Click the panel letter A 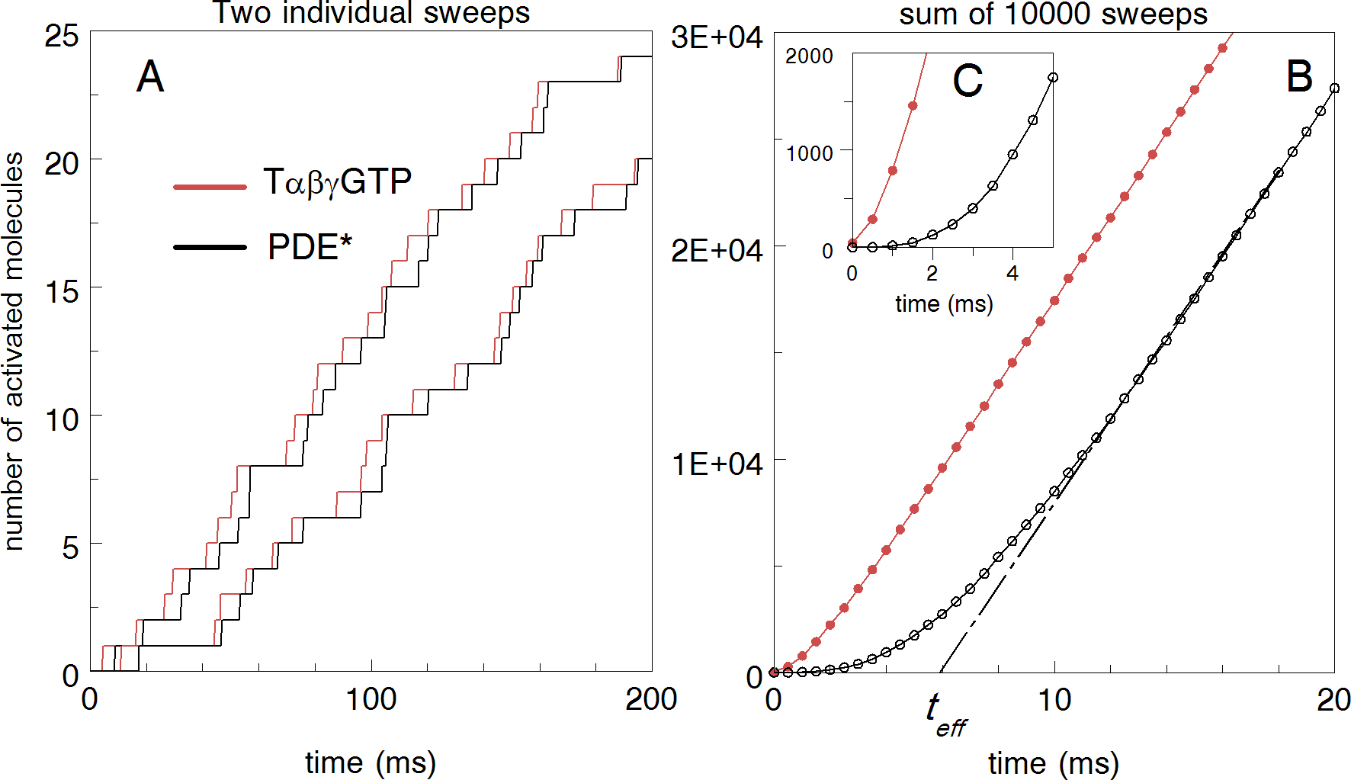coord(150,77)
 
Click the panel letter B coord(1299,77)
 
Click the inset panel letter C coord(968,81)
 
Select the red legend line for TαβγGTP coord(210,186)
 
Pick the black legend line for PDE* coord(210,247)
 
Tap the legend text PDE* coord(310,247)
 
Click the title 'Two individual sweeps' coord(371,13)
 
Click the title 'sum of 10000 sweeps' coord(1053,14)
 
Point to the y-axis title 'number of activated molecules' coord(14,351)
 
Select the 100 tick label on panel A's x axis coord(371,699)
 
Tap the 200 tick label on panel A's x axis coord(650,699)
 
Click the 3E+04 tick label coord(717,37)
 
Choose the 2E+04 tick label coord(717,250)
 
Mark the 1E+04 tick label coord(717,464)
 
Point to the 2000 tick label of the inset coord(809,56)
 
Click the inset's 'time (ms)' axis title coord(944,303)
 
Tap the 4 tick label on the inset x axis coord(1012,273)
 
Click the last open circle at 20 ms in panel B coord(1334,88)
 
